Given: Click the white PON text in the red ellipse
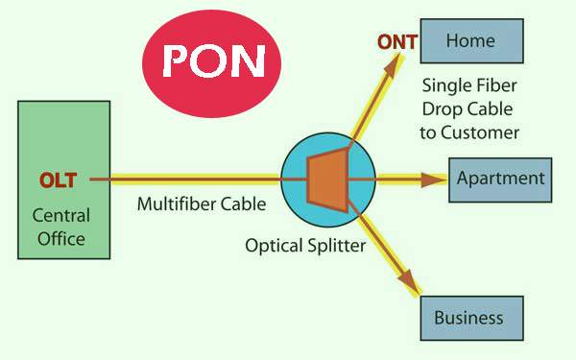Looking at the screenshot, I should click(x=213, y=60).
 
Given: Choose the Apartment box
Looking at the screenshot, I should click(x=500, y=179).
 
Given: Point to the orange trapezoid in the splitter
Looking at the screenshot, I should click(x=324, y=179).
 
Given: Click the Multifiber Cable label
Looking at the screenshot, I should click(x=201, y=204).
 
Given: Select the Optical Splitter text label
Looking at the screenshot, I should click(x=304, y=246).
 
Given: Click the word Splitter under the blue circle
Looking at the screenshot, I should click(x=333, y=246).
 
